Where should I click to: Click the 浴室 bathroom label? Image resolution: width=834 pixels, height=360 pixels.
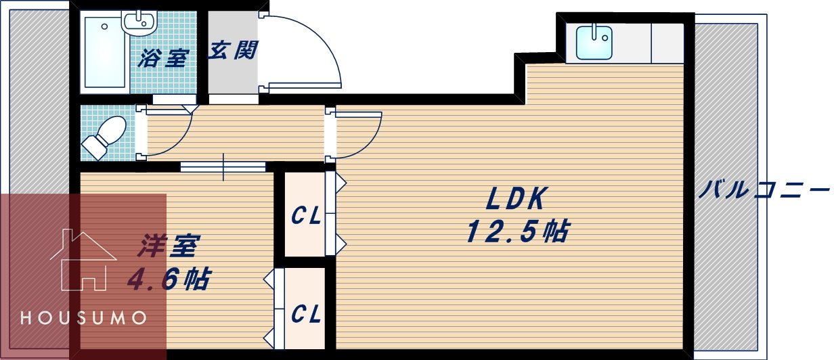click(162, 58)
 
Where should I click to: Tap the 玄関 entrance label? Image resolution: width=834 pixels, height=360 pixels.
click(233, 51)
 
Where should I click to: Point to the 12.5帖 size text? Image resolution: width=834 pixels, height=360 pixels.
click(516, 232)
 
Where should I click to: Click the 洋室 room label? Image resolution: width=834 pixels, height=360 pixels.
click(167, 246)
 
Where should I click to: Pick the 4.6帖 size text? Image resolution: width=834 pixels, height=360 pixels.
click(168, 278)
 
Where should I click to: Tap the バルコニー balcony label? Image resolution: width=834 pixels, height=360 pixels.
click(764, 189)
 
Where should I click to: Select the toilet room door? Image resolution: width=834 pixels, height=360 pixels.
click(166, 132)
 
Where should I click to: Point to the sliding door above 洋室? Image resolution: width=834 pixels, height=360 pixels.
click(223, 166)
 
